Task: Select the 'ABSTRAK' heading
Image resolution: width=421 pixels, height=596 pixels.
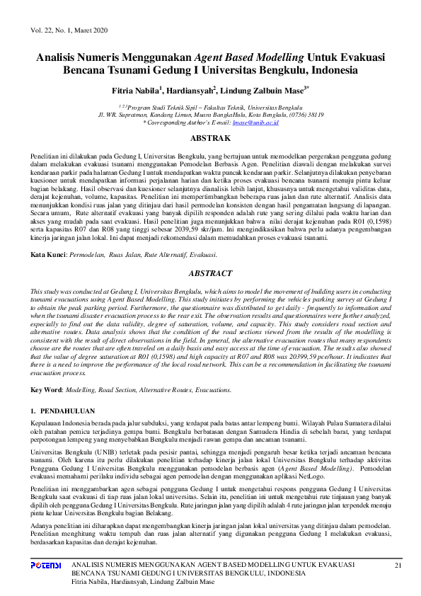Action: [211, 138]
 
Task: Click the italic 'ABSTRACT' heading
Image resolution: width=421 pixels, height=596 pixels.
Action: [211, 273]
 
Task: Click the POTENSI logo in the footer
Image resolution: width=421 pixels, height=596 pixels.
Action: [47, 565]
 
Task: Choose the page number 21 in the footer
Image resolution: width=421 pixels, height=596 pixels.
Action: [398, 565]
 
